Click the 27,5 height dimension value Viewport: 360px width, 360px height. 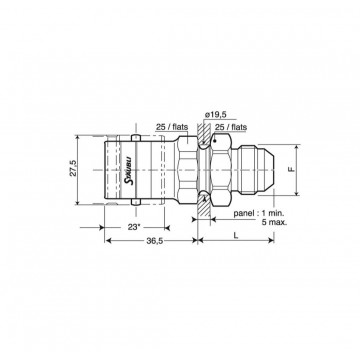click(x=74, y=168)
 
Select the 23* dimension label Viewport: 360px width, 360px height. click(x=133, y=227)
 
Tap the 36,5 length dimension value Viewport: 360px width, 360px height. click(x=155, y=241)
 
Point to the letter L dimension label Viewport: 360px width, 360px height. click(x=236, y=235)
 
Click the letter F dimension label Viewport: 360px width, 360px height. click(x=291, y=169)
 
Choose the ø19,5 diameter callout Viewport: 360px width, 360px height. click(x=215, y=115)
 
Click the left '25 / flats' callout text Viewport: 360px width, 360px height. click(x=172, y=127)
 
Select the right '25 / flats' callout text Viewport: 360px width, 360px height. click(x=231, y=127)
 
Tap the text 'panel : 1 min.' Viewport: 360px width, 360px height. click(x=258, y=213)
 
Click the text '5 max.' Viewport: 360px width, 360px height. click(x=274, y=222)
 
